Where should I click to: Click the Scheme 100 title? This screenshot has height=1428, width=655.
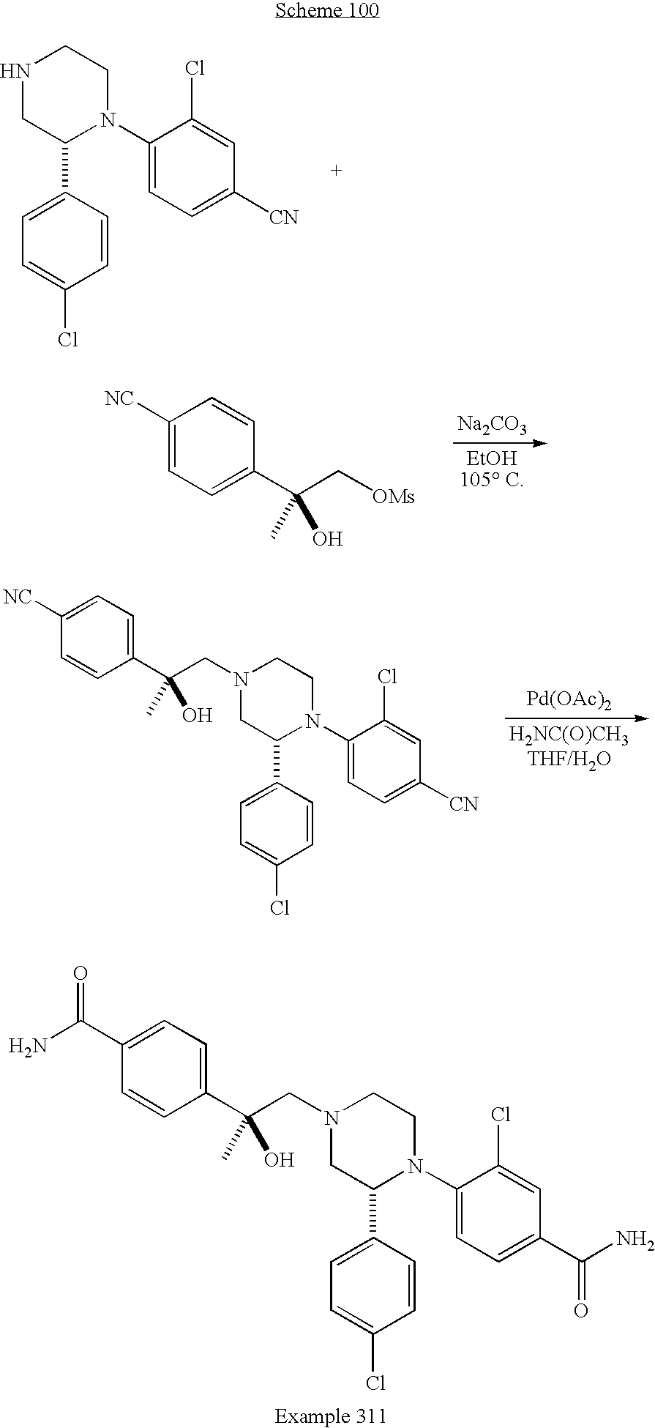click(x=326, y=10)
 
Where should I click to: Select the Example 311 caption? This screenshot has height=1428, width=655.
click(x=330, y=1416)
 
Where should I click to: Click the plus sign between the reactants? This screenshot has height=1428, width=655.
click(x=336, y=171)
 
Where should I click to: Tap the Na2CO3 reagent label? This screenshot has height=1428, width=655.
click(x=492, y=425)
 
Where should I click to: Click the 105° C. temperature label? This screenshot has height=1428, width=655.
click(x=492, y=480)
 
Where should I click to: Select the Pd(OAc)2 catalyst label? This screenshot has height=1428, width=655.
click(x=569, y=699)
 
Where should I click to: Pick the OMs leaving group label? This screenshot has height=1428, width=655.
click(x=393, y=497)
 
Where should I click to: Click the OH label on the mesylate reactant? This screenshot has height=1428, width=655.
click(x=326, y=540)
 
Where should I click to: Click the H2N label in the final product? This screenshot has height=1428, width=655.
click(x=28, y=1046)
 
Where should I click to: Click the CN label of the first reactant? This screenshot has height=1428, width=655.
click(x=283, y=217)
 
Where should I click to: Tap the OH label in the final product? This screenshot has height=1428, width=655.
click(x=279, y=1160)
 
